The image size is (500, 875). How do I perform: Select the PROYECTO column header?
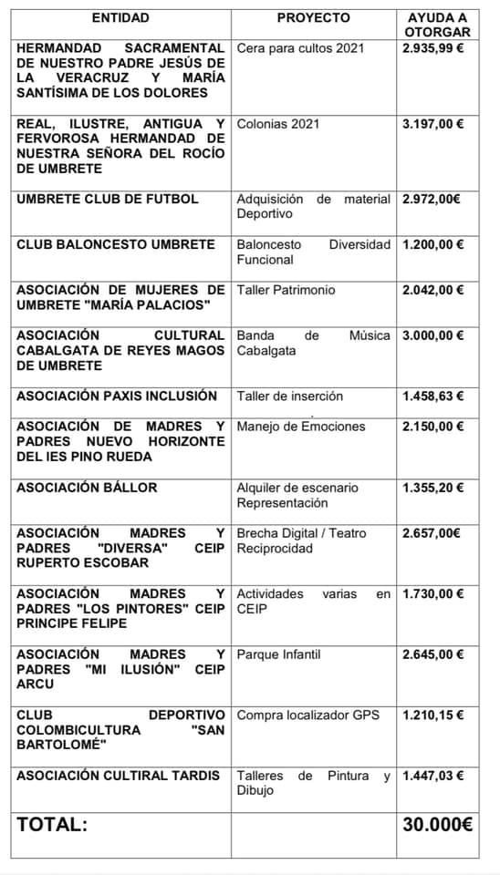click(313, 17)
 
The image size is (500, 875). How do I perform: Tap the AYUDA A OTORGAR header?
click(435, 25)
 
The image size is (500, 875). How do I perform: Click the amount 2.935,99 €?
click(432, 47)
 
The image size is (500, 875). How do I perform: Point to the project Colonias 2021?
click(278, 123)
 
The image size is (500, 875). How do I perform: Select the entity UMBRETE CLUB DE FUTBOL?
click(108, 199)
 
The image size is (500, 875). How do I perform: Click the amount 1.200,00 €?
click(432, 244)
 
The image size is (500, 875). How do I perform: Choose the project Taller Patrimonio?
click(286, 290)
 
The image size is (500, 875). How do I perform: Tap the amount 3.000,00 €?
click(432, 335)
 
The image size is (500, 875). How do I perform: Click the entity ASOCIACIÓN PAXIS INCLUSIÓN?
click(117, 396)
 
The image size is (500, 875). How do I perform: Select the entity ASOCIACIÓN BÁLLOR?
click(87, 488)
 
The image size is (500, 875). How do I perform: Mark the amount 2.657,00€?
click(431, 533)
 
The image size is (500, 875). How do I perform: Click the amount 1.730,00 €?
click(432, 593)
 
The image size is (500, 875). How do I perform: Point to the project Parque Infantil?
click(278, 654)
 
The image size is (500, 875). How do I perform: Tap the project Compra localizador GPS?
click(307, 715)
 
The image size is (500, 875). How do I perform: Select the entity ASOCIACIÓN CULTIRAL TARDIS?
click(119, 776)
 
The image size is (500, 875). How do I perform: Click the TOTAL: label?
click(52, 825)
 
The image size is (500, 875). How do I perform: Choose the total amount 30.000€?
click(437, 825)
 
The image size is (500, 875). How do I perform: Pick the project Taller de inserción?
click(289, 396)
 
